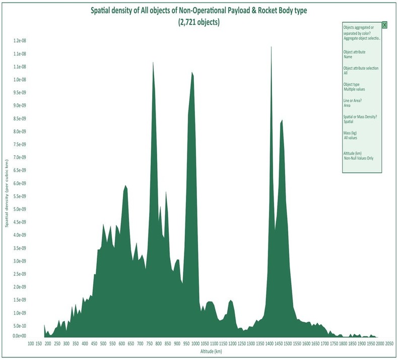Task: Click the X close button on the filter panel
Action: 384,25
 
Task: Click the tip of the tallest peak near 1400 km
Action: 271,47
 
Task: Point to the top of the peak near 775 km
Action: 153,62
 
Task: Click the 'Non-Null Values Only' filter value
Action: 358,158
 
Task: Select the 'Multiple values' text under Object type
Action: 354,89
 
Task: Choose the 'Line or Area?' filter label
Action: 354,101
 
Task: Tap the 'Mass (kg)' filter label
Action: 351,133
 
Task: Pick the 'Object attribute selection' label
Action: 361,68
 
